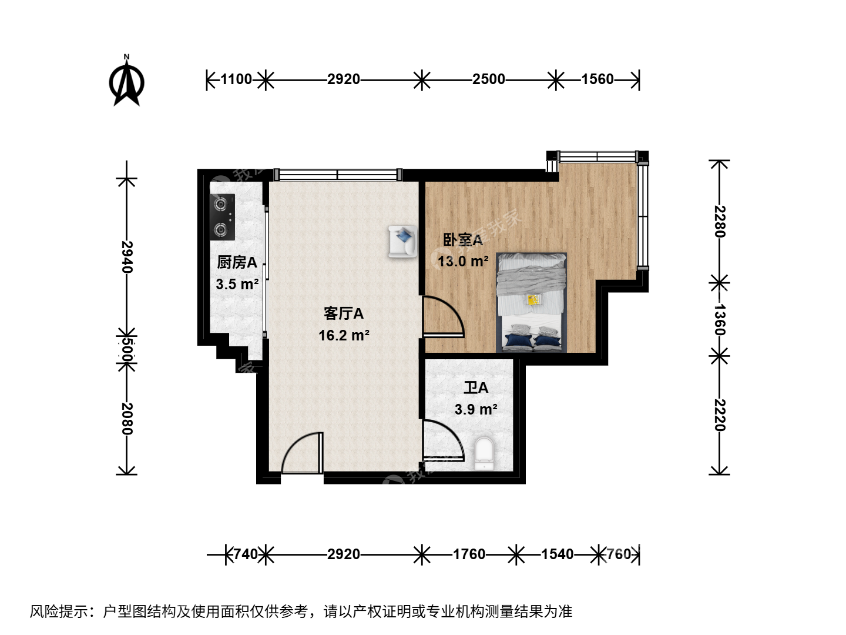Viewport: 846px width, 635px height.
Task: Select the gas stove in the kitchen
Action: point(222,217)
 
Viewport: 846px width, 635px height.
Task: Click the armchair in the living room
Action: point(403,241)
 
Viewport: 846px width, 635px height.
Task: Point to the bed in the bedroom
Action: point(531,302)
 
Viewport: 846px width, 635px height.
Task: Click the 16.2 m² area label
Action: point(344,335)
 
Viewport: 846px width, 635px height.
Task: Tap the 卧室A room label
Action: point(462,240)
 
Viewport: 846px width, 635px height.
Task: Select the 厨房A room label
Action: point(237,263)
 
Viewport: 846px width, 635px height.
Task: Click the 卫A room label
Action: point(476,388)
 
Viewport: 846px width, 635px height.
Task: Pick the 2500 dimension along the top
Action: point(489,79)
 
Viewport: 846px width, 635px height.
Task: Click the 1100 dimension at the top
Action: point(236,79)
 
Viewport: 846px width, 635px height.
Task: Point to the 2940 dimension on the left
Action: point(127,257)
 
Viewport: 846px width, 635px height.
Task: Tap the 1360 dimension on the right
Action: point(719,320)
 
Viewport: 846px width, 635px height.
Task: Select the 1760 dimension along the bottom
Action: point(469,554)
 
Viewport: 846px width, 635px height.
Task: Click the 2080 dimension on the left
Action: point(127,419)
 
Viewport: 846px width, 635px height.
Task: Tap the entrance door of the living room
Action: point(302,453)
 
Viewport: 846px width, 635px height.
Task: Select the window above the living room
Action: point(338,175)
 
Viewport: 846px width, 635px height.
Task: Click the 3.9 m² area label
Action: point(476,409)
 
